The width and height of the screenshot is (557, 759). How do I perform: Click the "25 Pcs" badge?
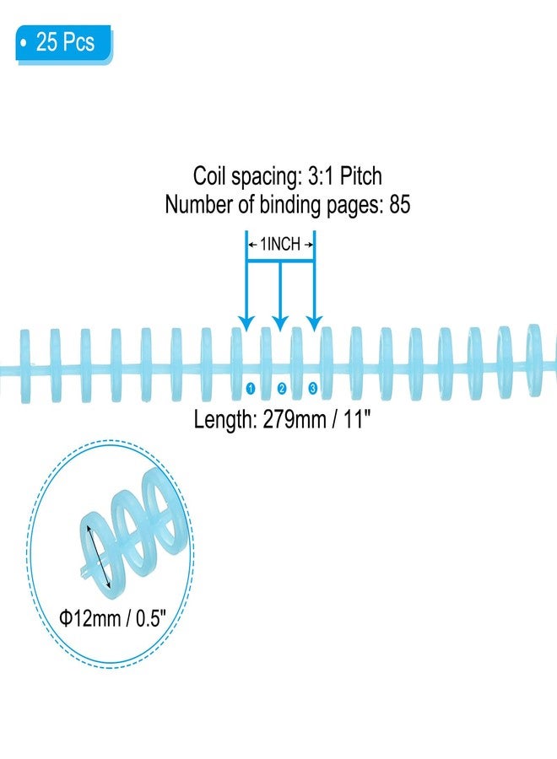[63, 43]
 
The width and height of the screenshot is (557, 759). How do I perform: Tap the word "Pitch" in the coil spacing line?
[360, 175]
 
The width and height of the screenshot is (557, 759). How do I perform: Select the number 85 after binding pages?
[399, 204]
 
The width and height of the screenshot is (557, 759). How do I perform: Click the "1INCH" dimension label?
[280, 244]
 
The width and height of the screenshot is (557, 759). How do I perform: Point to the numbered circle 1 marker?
[251, 388]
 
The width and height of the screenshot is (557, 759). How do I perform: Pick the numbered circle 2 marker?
[281, 388]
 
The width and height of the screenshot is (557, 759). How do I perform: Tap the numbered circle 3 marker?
[312, 388]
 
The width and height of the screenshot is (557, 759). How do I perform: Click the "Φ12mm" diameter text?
[90, 618]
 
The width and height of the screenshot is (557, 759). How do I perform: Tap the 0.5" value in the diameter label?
[150, 618]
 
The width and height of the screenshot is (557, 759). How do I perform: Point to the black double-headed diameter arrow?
[99, 557]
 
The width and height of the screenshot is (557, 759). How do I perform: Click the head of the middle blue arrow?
[280, 323]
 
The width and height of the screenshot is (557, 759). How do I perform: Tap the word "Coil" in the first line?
[209, 175]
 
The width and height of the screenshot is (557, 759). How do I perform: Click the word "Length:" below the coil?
[225, 420]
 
